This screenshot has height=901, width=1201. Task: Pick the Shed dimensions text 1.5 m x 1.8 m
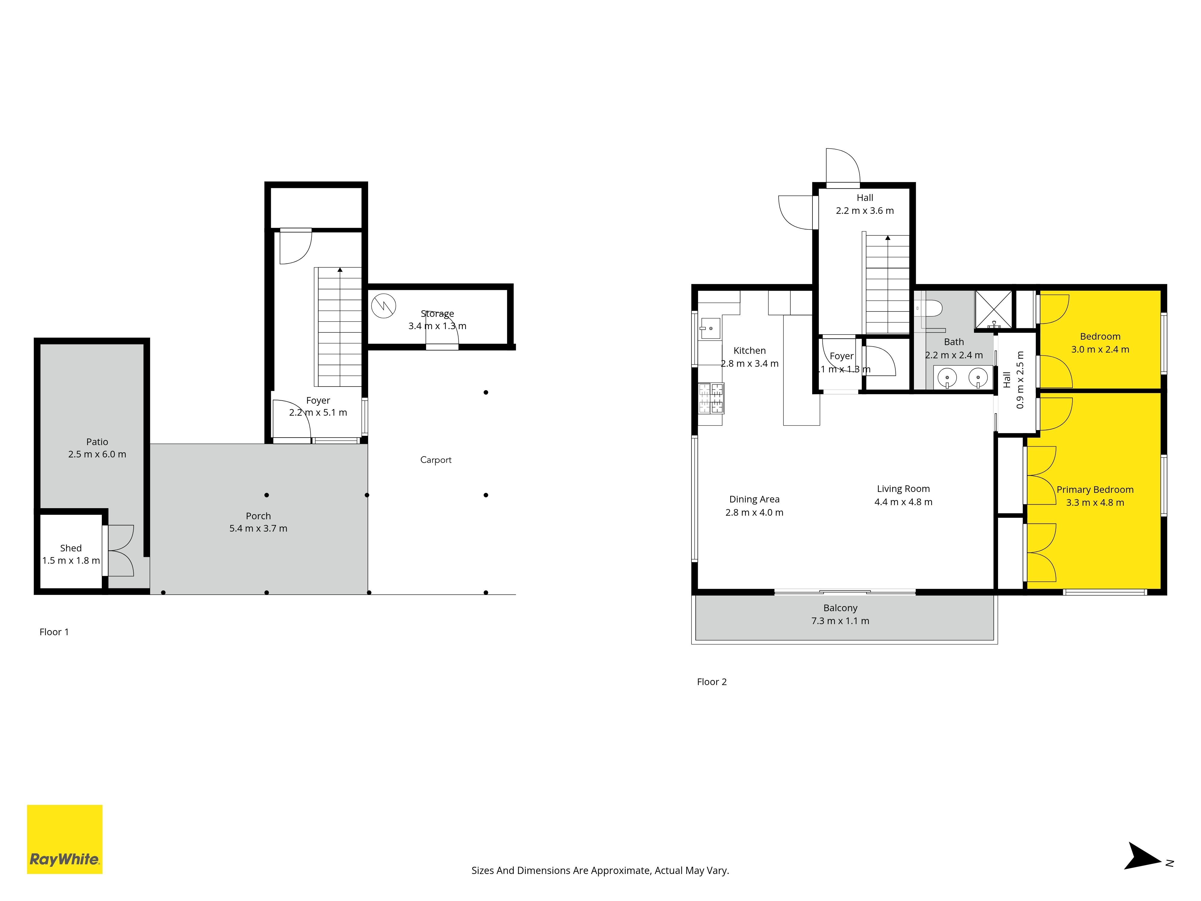coord(71,560)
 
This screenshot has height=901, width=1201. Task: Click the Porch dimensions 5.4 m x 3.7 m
coord(259,528)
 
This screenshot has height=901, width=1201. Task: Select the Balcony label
coord(840,608)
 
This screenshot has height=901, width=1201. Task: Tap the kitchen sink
coord(709,328)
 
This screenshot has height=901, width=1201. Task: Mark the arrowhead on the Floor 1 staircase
coord(340,269)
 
